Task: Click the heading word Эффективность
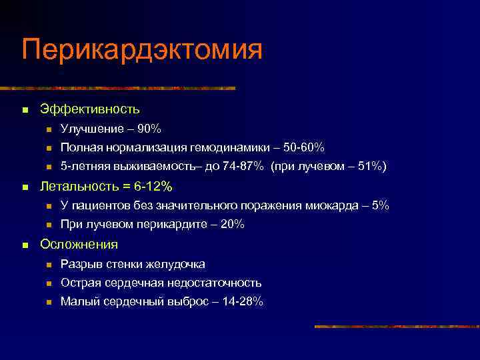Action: point(90,108)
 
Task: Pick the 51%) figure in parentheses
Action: point(370,166)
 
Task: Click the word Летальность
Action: point(76,185)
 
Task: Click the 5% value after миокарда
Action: point(380,205)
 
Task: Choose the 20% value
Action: point(232,225)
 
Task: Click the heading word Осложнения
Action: point(79,244)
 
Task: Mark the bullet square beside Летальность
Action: point(25,186)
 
